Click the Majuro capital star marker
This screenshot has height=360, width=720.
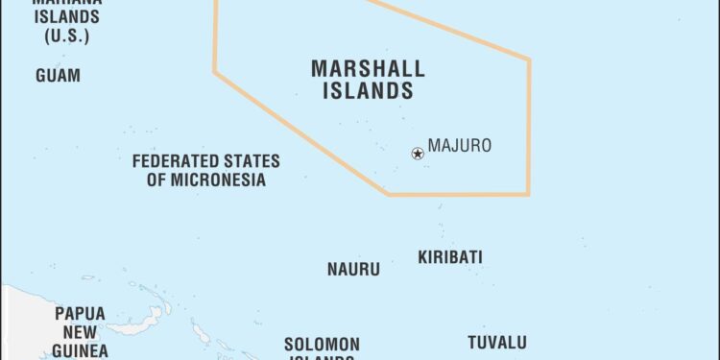(x=418, y=153)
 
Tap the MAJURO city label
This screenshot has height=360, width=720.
(x=460, y=146)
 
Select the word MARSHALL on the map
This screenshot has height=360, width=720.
(x=368, y=69)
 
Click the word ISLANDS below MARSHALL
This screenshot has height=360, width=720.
(x=368, y=92)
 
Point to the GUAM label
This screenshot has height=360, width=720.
(x=58, y=75)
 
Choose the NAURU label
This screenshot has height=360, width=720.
(x=353, y=270)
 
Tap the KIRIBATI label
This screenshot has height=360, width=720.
(x=450, y=257)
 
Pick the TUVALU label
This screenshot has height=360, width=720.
(x=497, y=342)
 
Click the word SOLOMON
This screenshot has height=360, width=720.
(x=322, y=344)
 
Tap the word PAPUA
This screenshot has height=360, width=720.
(x=80, y=314)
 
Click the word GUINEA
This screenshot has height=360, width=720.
(x=80, y=351)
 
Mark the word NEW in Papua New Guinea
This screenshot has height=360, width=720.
(x=80, y=332)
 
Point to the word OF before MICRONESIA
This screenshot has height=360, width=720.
(x=158, y=180)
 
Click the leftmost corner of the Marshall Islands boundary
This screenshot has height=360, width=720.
(x=214, y=70)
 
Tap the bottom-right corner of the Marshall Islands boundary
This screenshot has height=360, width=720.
(x=529, y=195)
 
